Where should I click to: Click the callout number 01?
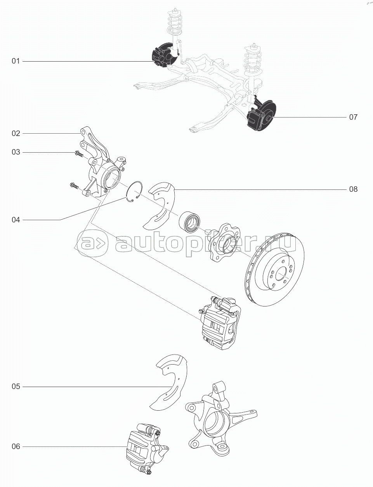(x=16, y=61)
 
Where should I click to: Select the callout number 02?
(x=16, y=133)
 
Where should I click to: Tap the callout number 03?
(x=16, y=152)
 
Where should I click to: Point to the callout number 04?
(x=16, y=220)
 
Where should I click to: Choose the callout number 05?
(x=16, y=387)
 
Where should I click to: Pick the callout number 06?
(x=16, y=446)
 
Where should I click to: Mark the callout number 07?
(x=353, y=117)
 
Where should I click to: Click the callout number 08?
(x=353, y=189)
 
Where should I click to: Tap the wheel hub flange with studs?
(x=226, y=242)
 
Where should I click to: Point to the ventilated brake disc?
(x=274, y=270)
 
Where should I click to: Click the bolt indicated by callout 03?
(x=79, y=153)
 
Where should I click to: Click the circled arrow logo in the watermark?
(x=92, y=243)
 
